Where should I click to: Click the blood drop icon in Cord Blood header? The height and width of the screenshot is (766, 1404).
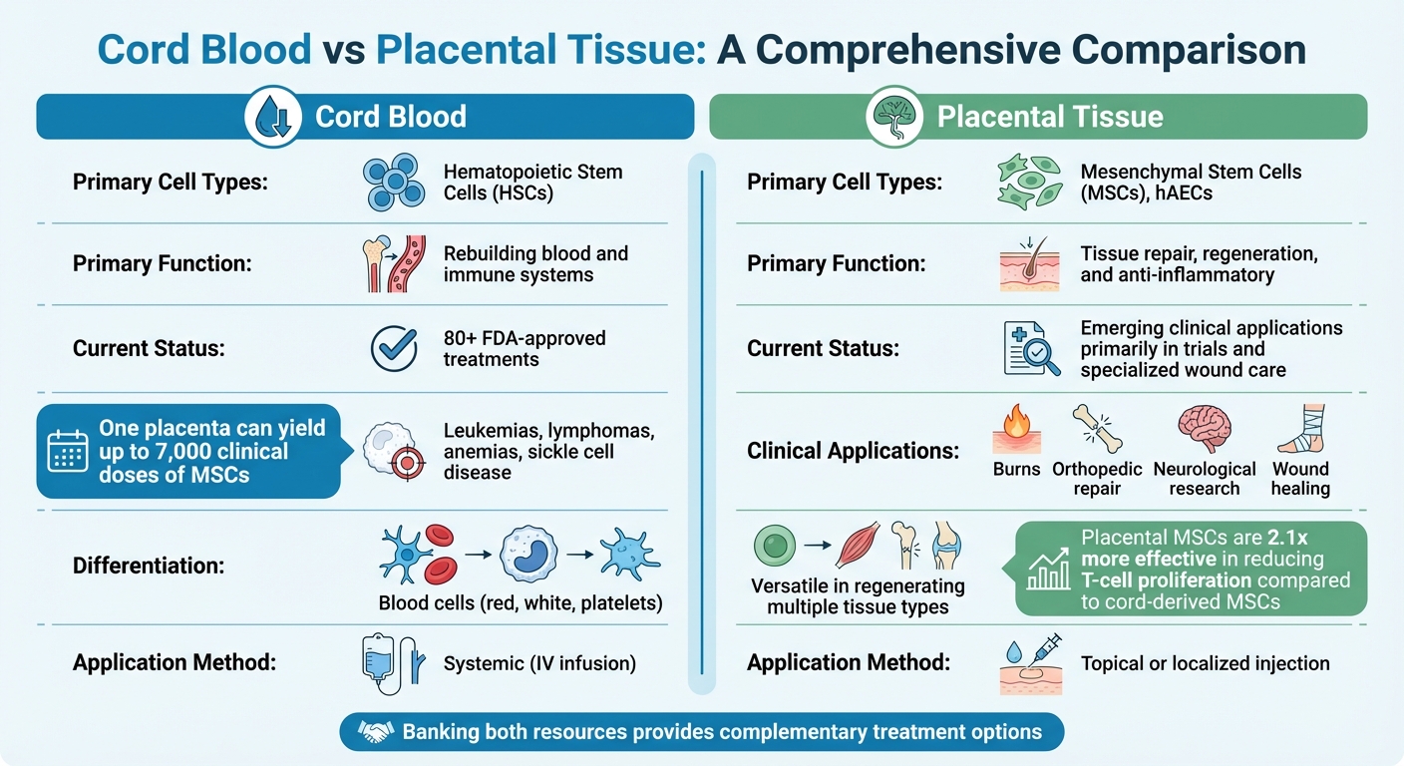(273, 117)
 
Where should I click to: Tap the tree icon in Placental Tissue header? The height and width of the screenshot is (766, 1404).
(894, 117)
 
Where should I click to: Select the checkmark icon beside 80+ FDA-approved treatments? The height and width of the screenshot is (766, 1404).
(394, 348)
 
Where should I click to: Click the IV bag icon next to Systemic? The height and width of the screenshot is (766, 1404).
(380, 663)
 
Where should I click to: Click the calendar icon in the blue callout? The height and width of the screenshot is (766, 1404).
(69, 452)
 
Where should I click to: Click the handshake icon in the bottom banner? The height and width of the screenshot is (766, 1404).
(376, 733)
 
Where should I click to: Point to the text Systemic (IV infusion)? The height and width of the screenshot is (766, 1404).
(539, 663)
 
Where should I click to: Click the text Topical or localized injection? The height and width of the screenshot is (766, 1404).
(1205, 663)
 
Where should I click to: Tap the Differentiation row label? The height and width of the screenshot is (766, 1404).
(149, 566)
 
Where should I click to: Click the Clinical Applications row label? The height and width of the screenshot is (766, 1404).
(853, 451)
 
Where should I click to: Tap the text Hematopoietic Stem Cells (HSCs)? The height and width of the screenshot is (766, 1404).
(532, 182)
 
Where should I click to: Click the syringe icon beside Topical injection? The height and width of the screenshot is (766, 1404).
(1041, 649)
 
